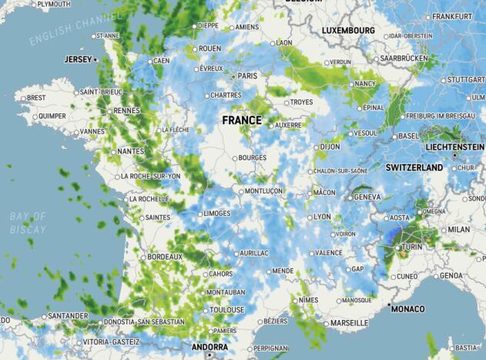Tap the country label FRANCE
click(242, 120)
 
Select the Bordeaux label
click(165, 256)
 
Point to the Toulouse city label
click(226, 310)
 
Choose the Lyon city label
click(323, 217)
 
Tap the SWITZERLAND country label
click(414, 167)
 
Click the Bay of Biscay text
click(28, 223)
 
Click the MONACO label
click(407, 309)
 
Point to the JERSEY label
click(77, 59)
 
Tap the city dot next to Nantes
click(113, 151)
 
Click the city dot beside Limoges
click(198, 214)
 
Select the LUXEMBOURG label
click(348, 30)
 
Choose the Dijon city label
click(330, 146)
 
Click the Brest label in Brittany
click(36, 98)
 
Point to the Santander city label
click(68, 315)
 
